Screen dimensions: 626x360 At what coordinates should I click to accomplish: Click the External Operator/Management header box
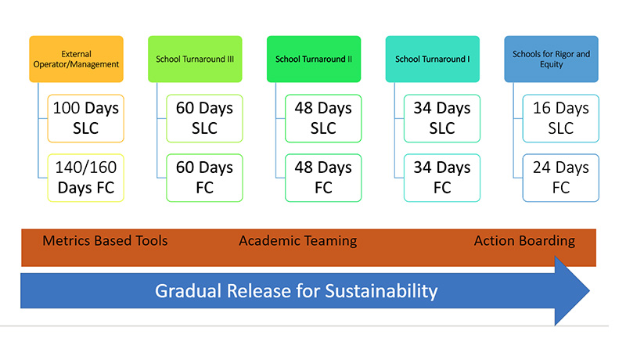(x=76, y=59)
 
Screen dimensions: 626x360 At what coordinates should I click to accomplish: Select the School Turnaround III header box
(x=195, y=59)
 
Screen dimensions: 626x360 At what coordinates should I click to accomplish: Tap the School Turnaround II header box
(x=314, y=59)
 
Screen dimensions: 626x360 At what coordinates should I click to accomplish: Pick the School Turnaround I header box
(x=433, y=59)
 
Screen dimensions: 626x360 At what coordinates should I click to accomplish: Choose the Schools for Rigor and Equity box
(x=552, y=59)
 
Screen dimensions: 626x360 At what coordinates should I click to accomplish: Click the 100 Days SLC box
(x=86, y=118)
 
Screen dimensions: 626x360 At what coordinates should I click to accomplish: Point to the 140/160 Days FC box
(x=86, y=178)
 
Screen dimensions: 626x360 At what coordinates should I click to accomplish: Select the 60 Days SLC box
(x=204, y=118)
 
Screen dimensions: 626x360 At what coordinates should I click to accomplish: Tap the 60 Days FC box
(x=204, y=178)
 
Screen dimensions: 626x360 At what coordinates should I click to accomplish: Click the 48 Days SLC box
(x=323, y=118)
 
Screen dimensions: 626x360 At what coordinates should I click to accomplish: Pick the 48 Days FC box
(x=323, y=178)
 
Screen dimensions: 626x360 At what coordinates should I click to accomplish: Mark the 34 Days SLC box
(x=442, y=118)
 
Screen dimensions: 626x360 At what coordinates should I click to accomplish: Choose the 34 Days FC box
(x=442, y=178)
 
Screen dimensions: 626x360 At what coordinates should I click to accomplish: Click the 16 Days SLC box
(x=561, y=118)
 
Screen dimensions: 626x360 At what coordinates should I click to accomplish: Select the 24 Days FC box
(x=561, y=178)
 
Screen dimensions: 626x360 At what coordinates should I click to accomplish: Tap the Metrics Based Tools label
(x=105, y=241)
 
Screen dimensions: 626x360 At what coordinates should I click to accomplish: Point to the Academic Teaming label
(x=298, y=241)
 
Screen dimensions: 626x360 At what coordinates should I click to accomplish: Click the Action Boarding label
(x=524, y=241)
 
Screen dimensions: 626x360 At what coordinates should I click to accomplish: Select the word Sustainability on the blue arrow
(x=381, y=291)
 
